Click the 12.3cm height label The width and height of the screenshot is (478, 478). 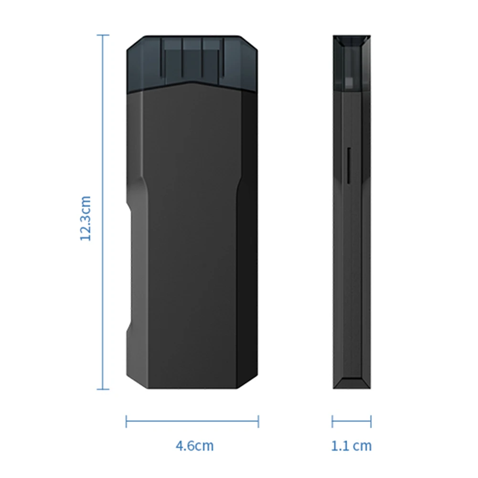tap(85, 218)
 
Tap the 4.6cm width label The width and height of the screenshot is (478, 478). tap(194, 446)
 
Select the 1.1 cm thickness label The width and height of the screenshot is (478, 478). tap(351, 446)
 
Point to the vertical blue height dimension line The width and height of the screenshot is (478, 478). tap(103, 143)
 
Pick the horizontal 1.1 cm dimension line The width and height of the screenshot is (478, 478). tap(351, 421)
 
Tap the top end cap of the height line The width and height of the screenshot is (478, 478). tap(103, 35)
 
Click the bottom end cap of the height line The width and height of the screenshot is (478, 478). tap(103, 389)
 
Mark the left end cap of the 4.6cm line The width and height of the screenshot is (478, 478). tap(127, 421)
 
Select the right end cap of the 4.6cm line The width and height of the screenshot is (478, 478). tap(258, 421)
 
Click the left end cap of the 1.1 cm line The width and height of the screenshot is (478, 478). tap(332, 421)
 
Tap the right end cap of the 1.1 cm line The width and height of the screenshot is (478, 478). tap(371, 421)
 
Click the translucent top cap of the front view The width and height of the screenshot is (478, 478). tap(192, 60)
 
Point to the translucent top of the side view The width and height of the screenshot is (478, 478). tap(352, 62)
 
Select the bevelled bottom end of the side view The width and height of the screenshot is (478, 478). tap(352, 382)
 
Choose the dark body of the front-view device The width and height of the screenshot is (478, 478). tap(191, 239)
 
